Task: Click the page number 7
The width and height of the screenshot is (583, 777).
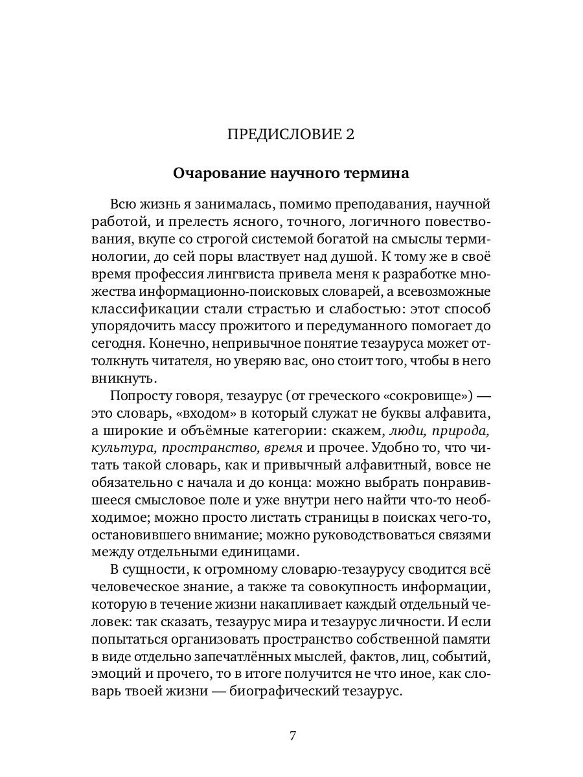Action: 292,736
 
